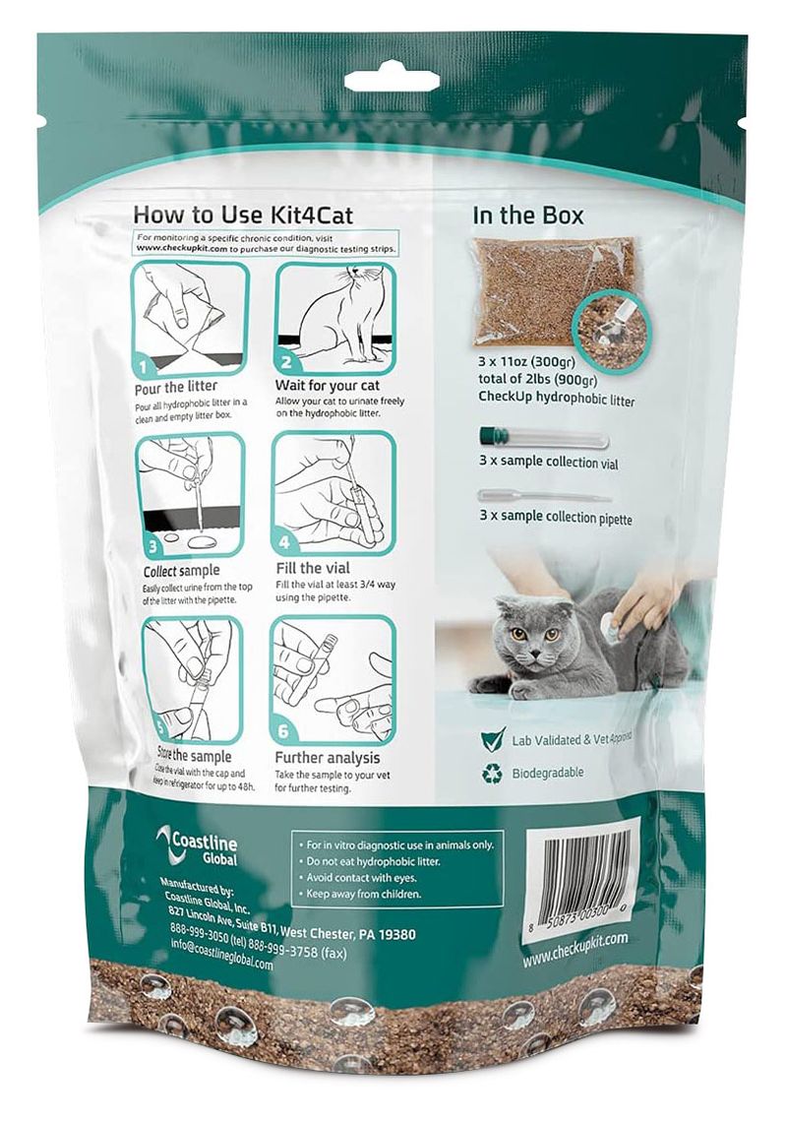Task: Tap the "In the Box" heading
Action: [x=528, y=214]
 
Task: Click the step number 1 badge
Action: [x=145, y=368]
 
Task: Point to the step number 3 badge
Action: [x=152, y=543]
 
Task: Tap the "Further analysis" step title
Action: [x=327, y=758]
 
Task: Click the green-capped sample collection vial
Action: [x=541, y=436]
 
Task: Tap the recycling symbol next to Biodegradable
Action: [x=491, y=774]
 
